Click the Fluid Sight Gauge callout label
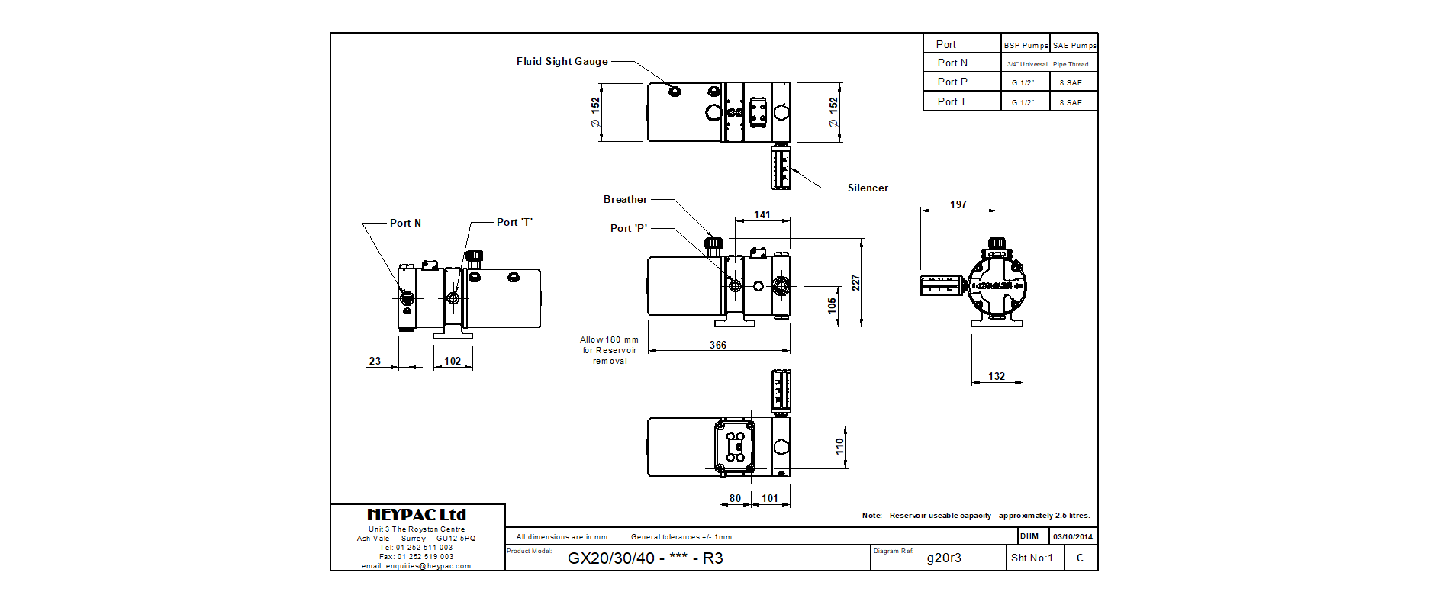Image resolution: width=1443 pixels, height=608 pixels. pos(562,61)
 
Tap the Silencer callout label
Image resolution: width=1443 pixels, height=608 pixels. pos(868,188)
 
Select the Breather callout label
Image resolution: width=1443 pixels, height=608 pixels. pos(625,199)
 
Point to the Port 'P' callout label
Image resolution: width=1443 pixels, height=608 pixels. pos(629,228)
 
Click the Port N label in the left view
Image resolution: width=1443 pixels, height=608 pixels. pos(405,223)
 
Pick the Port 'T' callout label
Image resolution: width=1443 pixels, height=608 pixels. pos(514,222)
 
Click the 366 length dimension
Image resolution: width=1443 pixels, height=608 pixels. pos(718,345)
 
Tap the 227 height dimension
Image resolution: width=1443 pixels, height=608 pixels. pos(855,283)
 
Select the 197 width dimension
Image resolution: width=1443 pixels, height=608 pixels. pos(958,204)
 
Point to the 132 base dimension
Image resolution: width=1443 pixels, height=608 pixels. pos(997,376)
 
